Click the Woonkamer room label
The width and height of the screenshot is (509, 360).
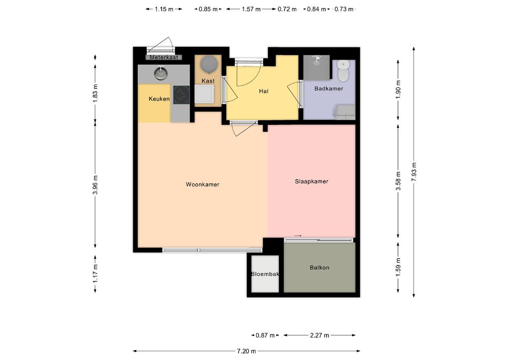click(x=202, y=184)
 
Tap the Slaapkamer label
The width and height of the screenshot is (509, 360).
click(x=311, y=181)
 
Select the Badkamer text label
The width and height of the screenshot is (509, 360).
click(x=329, y=89)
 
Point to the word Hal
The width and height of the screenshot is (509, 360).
click(x=263, y=91)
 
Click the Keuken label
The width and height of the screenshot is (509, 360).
click(x=159, y=98)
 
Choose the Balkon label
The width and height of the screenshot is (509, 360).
click(x=320, y=268)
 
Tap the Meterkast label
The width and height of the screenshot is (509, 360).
click(x=164, y=58)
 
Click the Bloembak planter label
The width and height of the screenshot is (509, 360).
click(x=265, y=274)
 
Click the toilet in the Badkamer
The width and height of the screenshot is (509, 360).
click(x=343, y=71)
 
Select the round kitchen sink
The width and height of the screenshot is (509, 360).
click(x=161, y=73)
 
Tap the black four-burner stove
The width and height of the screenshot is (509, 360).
click(x=181, y=95)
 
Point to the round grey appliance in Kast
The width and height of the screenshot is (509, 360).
click(x=208, y=64)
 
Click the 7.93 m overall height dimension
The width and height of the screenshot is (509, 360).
click(x=414, y=172)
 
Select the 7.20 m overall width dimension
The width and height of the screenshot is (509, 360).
click(x=247, y=351)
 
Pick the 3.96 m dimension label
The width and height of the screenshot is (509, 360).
click(x=95, y=184)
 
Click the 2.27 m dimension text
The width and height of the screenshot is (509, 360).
click(x=320, y=335)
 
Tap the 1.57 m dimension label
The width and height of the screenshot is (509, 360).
click(x=251, y=9)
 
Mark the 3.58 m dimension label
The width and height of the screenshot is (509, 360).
click(x=398, y=181)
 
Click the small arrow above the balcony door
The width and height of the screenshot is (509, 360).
click(x=298, y=236)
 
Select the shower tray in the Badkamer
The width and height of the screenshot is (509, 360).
click(x=317, y=68)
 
